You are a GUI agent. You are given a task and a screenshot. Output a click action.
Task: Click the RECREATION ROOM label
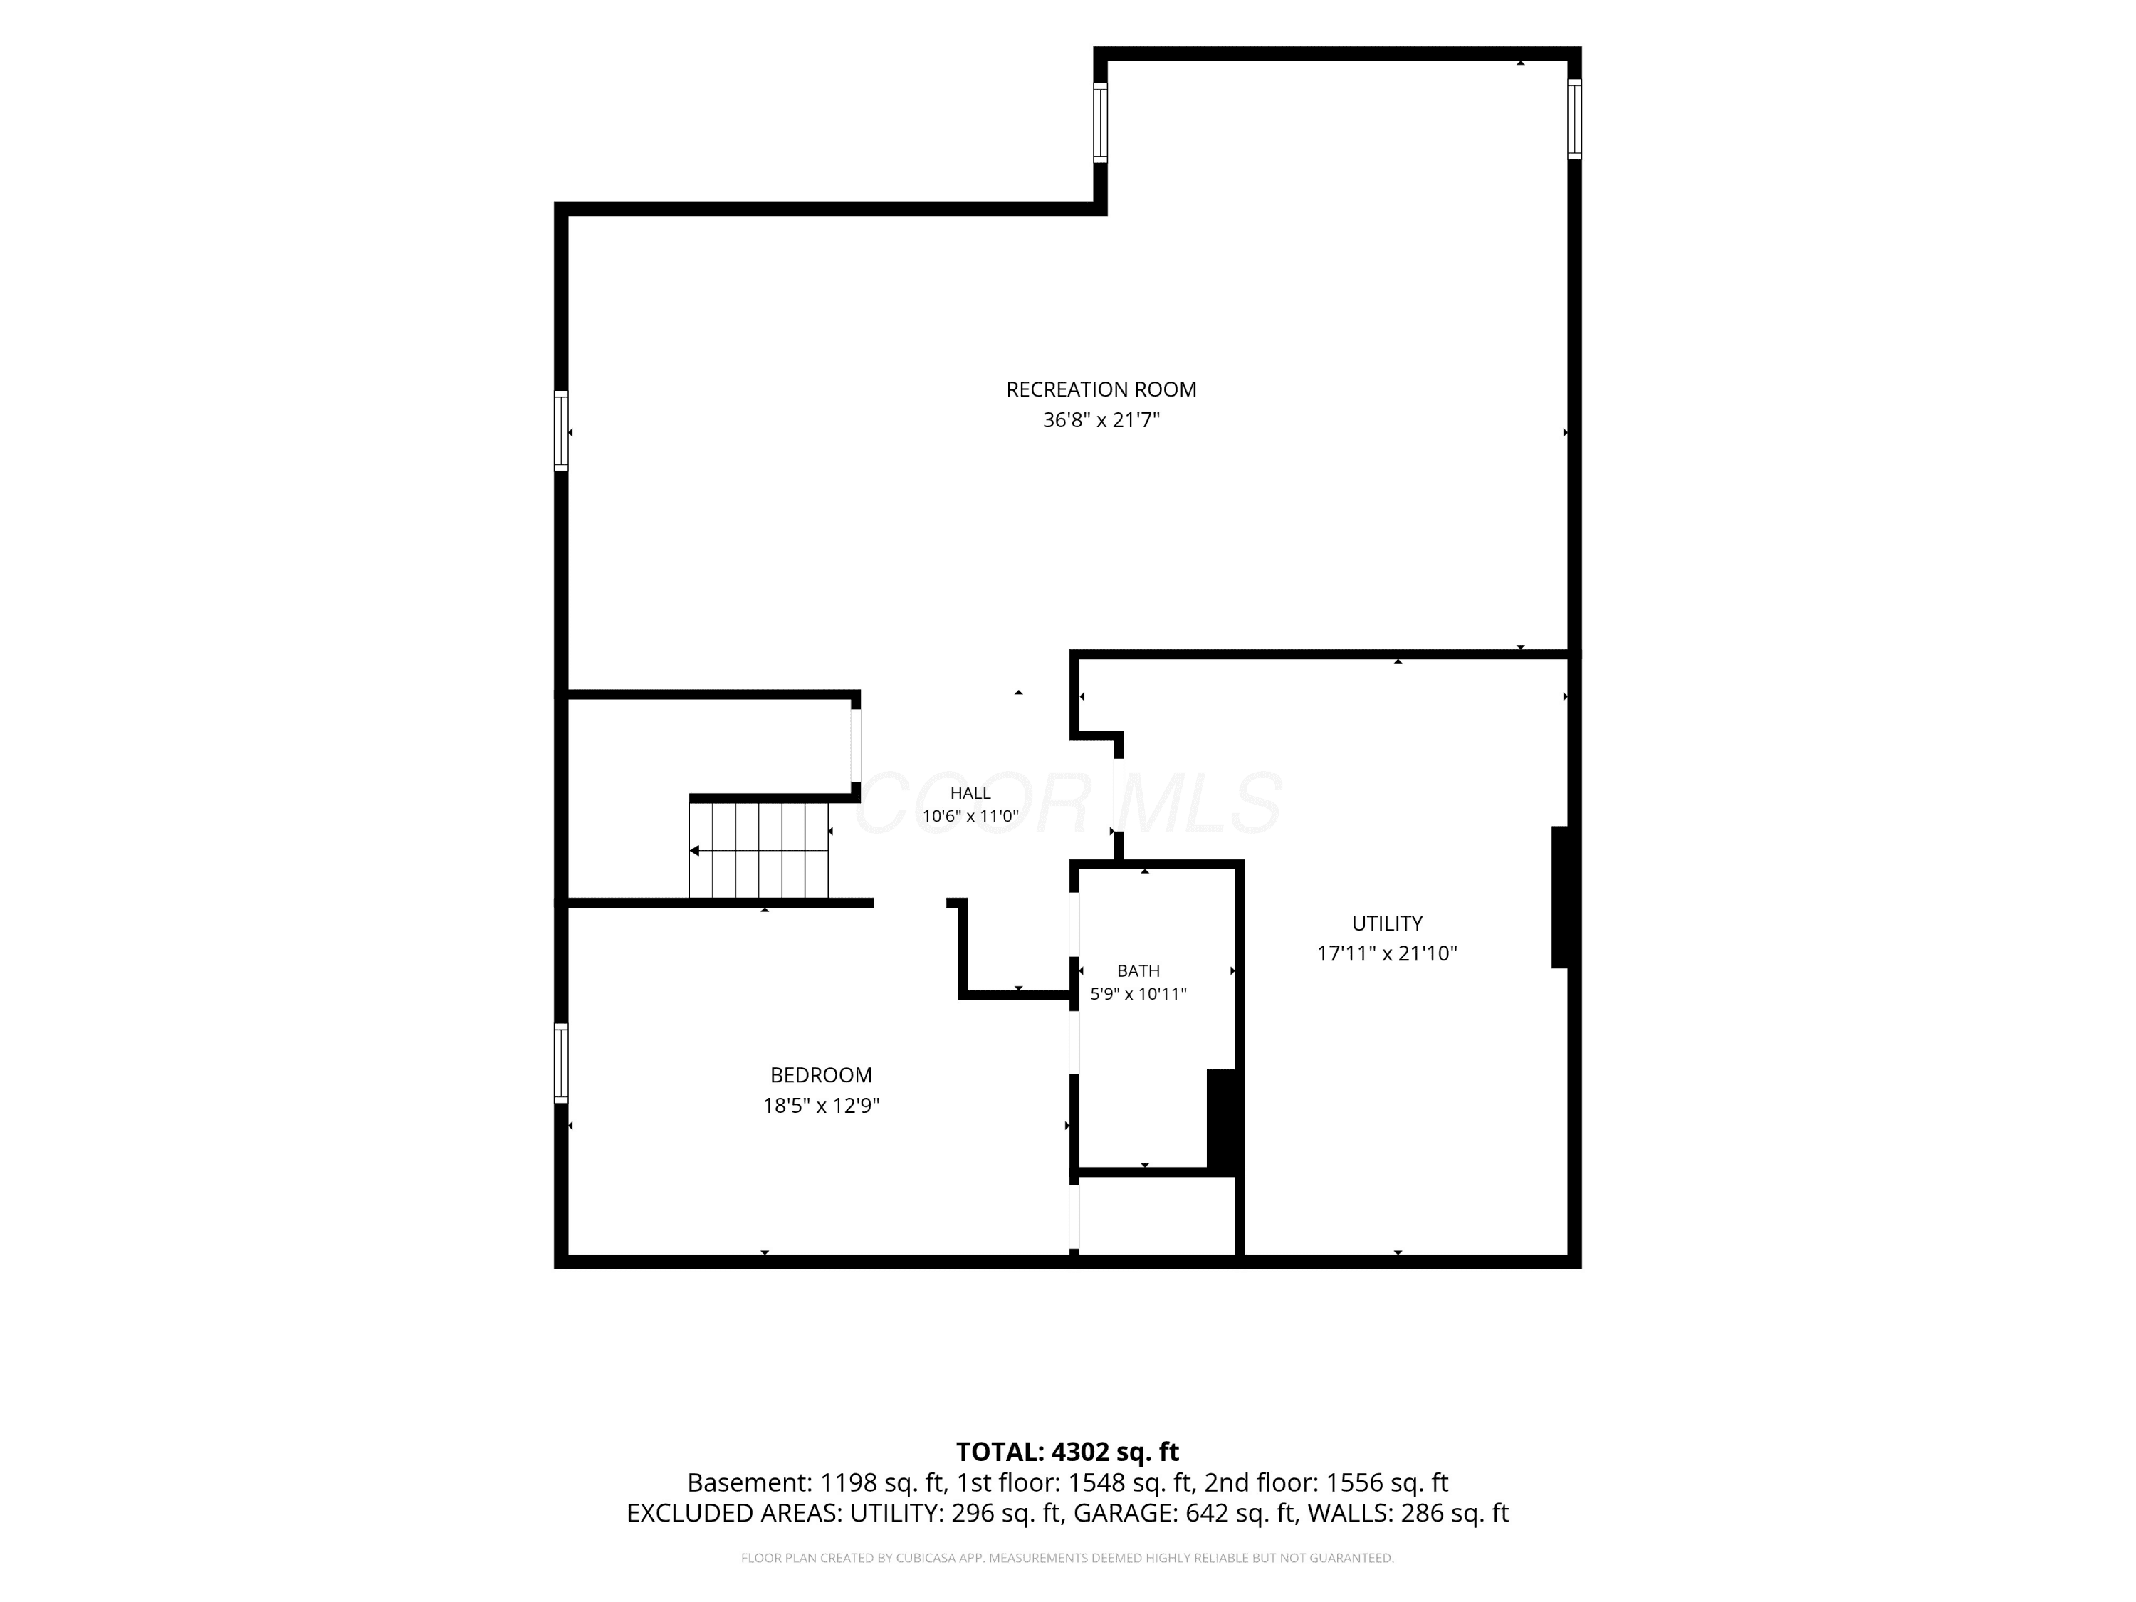1101,389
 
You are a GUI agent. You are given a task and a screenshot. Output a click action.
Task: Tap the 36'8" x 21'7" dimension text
1101,420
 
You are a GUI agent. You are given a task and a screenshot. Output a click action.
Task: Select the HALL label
970,792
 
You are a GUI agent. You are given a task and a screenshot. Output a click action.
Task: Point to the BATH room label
1138,970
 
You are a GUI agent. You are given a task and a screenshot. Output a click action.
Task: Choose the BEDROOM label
821,1074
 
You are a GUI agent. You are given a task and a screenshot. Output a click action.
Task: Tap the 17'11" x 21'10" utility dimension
1387,953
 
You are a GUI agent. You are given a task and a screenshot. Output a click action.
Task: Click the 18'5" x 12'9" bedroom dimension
821,1106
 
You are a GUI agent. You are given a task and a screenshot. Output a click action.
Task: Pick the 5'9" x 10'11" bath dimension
1138,994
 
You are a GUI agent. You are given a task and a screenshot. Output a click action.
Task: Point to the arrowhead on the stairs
694,851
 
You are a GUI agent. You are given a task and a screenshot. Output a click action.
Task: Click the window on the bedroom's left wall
561,1063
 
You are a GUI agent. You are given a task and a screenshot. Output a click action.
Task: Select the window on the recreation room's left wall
561,431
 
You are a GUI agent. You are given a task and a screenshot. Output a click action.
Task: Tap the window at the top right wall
1574,119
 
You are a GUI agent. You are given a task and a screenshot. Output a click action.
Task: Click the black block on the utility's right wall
1559,897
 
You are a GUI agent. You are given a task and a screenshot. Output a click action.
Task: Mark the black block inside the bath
1222,1120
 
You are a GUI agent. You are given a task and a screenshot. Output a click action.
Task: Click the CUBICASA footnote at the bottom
1067,1558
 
